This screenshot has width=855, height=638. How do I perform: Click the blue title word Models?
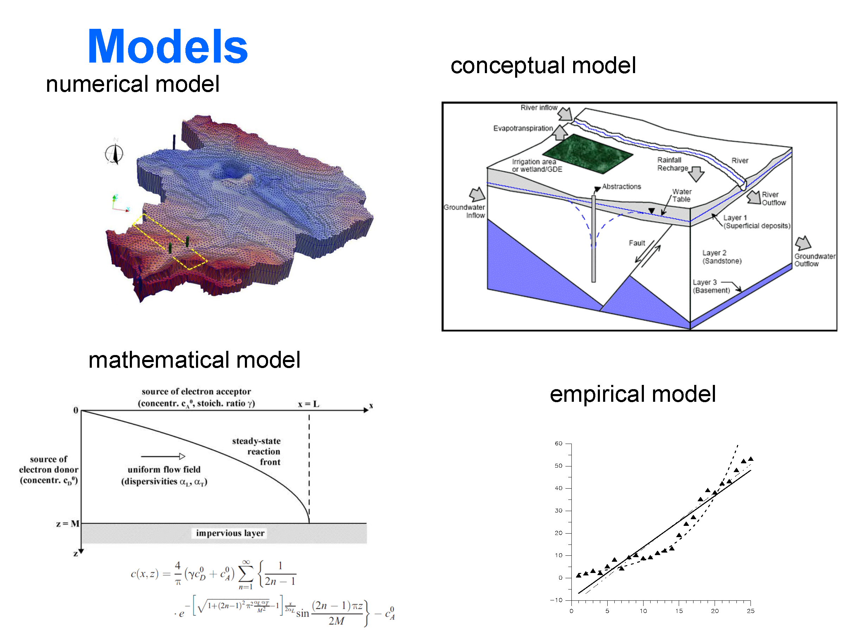point(168,47)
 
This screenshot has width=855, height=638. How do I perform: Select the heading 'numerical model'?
point(133,84)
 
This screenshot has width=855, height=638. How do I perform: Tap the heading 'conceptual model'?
point(543,66)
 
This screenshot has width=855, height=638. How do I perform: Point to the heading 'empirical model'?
point(633,394)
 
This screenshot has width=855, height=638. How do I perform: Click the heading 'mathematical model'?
point(195,360)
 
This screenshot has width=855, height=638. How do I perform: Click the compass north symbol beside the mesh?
point(114,153)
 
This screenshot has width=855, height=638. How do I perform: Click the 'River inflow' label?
point(539,108)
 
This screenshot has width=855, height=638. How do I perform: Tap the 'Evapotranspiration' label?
point(523,128)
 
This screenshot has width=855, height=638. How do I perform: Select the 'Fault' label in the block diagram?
point(636,243)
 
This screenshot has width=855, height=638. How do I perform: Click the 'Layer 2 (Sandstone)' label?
point(722,257)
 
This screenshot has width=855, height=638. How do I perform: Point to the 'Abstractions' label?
point(621,187)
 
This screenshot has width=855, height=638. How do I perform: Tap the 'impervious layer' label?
point(230,533)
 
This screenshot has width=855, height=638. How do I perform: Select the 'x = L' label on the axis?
point(309,404)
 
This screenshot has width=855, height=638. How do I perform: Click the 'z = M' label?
point(68,524)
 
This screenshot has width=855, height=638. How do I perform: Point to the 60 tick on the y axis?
point(558,443)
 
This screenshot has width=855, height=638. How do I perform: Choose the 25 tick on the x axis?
point(750,611)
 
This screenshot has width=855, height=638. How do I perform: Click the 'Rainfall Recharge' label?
point(672,164)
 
